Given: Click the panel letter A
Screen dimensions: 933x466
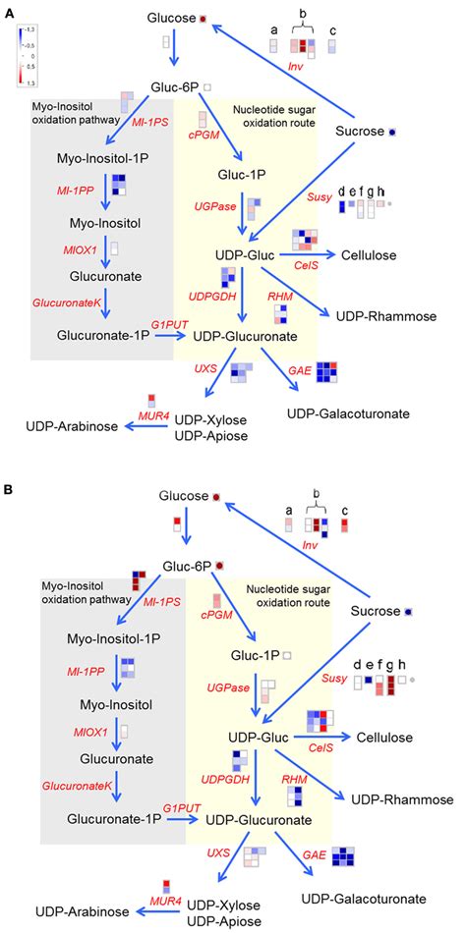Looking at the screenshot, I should (9, 9).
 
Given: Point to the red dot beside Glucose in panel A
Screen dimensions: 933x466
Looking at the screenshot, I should (203, 19).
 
